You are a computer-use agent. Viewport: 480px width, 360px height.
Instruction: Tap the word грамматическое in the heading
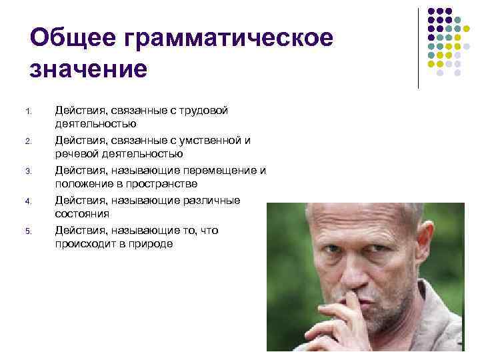coord(227,39)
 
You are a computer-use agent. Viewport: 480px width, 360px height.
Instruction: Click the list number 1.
coord(27,111)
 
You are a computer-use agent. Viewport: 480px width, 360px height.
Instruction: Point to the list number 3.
coord(27,171)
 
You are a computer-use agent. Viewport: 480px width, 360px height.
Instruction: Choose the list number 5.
coord(27,231)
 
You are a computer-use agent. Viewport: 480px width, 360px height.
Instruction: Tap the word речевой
coord(75,154)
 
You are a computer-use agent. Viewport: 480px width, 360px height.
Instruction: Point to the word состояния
coord(82,214)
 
